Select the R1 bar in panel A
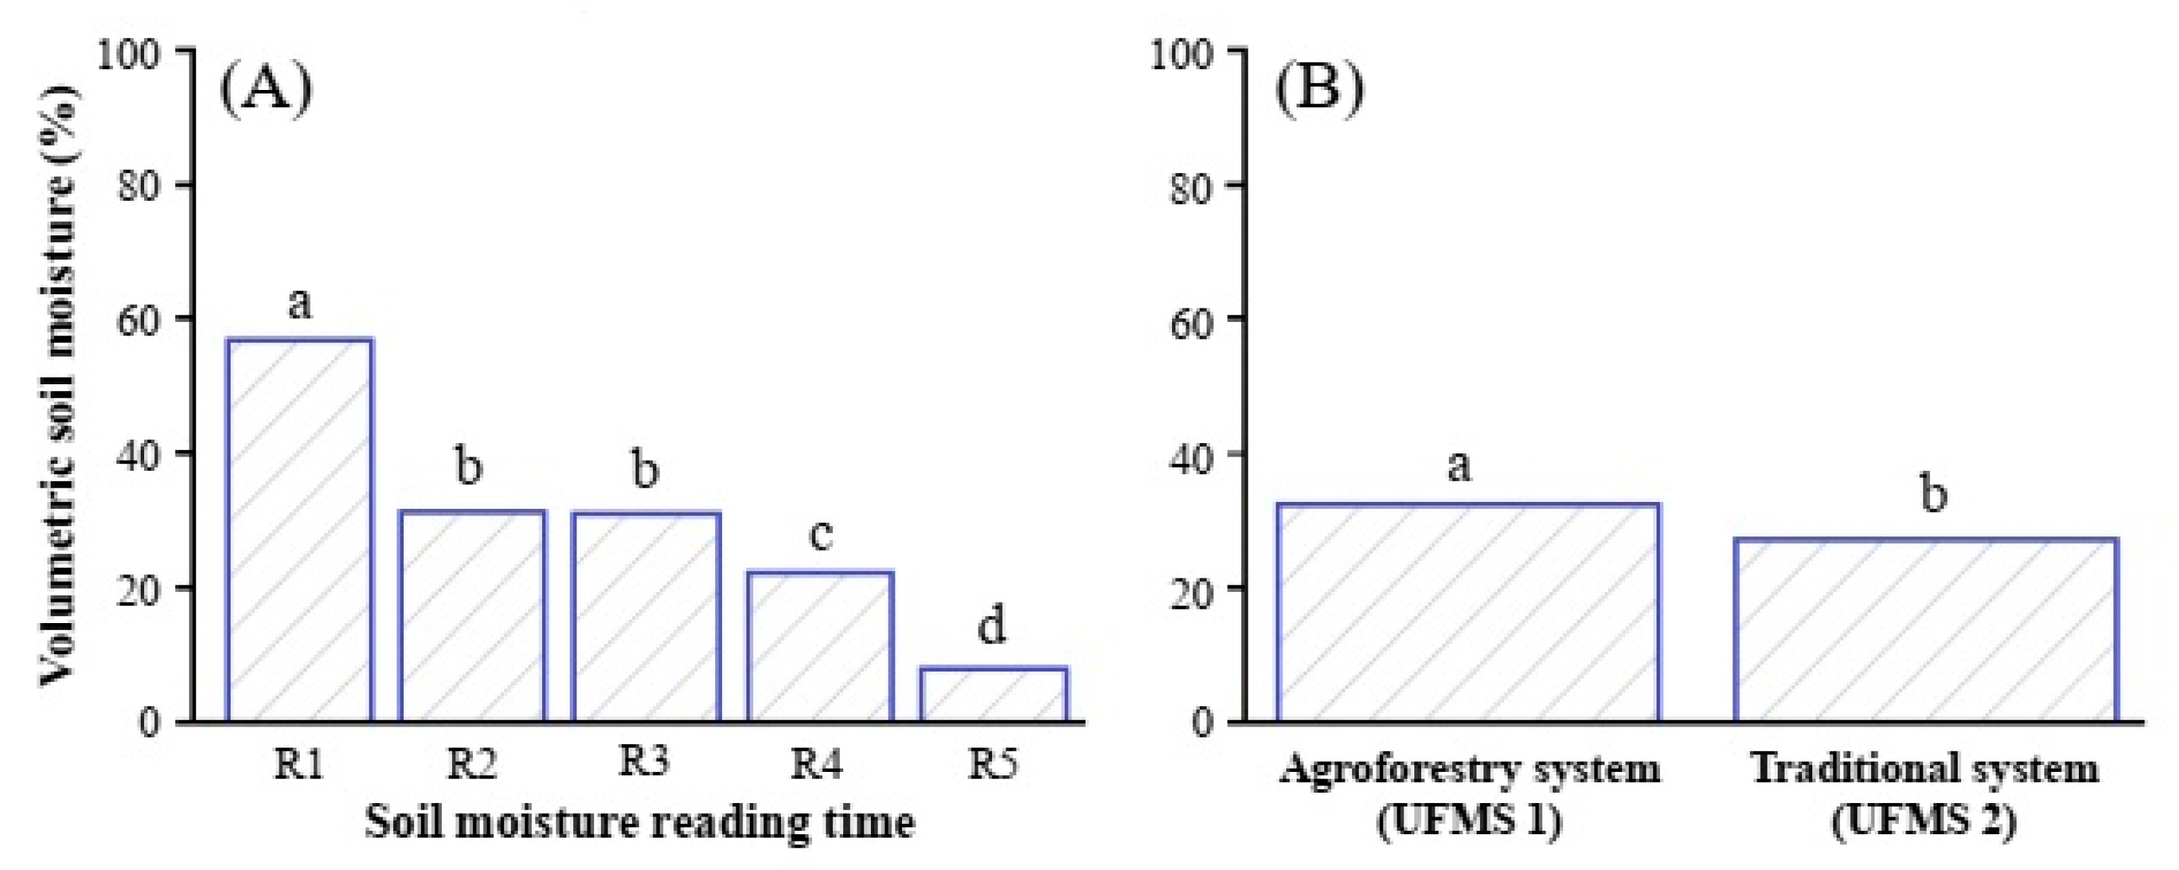298,530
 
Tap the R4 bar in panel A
819,647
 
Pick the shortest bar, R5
993,694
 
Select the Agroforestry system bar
1468,612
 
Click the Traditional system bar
1925,630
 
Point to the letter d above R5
991,626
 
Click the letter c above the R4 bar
820,535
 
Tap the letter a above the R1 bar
299,302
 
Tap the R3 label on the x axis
644,761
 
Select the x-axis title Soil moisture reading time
640,823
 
